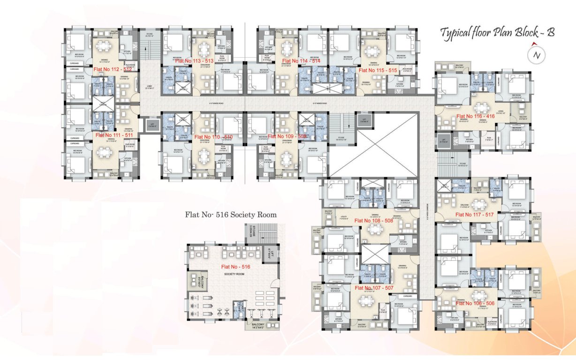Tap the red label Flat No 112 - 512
point(113,69)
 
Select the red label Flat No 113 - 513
point(194,61)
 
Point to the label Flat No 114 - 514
point(301,61)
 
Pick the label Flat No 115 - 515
point(378,69)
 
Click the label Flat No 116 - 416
point(475,116)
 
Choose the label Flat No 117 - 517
point(475,215)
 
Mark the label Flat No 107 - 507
point(374,288)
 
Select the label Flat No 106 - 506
point(475,303)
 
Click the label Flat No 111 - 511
point(114,135)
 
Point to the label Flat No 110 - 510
point(213,136)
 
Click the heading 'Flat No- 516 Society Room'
point(231,215)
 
